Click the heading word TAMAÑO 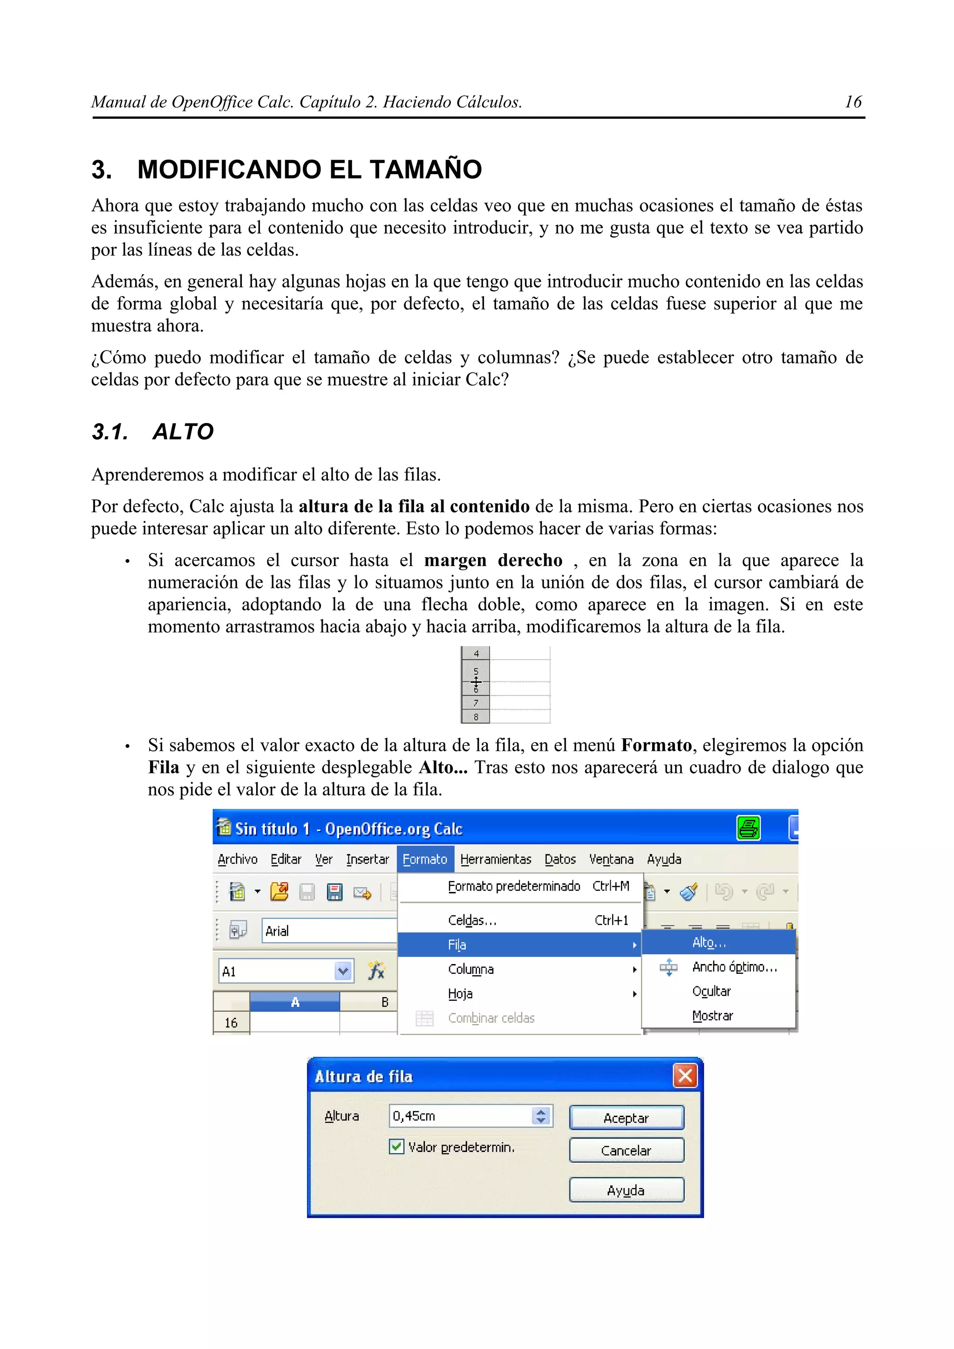pos(425,169)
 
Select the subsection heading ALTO pos(183,432)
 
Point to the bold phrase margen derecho pos(492,560)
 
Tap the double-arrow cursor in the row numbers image pos(476,682)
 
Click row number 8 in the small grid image pos(476,717)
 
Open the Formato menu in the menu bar pos(424,859)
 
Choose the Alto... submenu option pos(709,943)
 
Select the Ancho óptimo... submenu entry pos(734,967)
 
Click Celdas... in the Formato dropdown pos(472,920)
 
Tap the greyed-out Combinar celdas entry pos(491,1018)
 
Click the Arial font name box pos(328,931)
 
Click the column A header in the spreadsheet pos(294,1002)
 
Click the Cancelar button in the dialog pos(626,1150)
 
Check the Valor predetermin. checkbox pos(397,1147)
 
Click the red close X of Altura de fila pos(685,1076)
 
